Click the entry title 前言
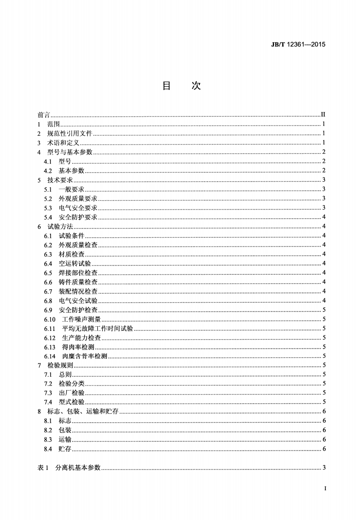(x=44, y=115)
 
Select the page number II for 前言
(x=324, y=115)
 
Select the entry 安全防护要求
(x=78, y=217)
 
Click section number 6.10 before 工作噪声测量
(x=50, y=319)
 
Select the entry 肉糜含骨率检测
(x=84, y=356)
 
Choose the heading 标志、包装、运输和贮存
(x=83, y=412)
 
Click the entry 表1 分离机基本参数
(x=69, y=468)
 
